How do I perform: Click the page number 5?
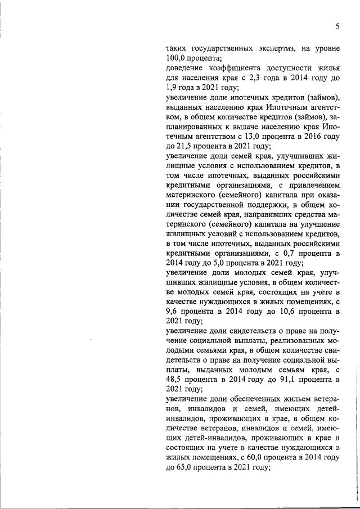coord(337,26)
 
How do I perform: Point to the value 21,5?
coord(185,146)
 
